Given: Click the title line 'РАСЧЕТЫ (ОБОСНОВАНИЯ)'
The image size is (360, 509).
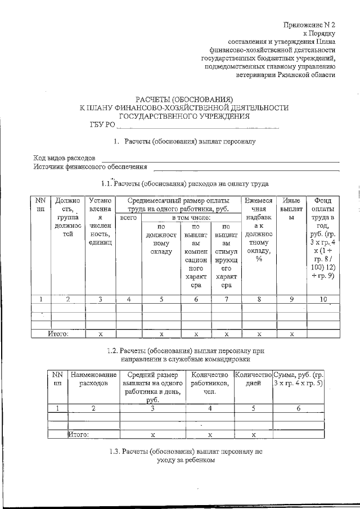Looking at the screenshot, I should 184,100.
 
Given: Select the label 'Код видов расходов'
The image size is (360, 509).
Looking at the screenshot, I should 67,158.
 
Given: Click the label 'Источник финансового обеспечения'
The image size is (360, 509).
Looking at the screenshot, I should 90,166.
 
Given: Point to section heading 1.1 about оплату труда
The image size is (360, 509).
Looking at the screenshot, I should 184,183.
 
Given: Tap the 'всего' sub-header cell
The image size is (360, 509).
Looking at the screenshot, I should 129,217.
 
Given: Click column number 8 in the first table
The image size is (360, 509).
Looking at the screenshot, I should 259,299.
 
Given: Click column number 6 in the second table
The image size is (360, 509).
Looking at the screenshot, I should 298,408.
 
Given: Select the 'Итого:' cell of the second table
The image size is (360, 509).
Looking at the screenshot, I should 78,434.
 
